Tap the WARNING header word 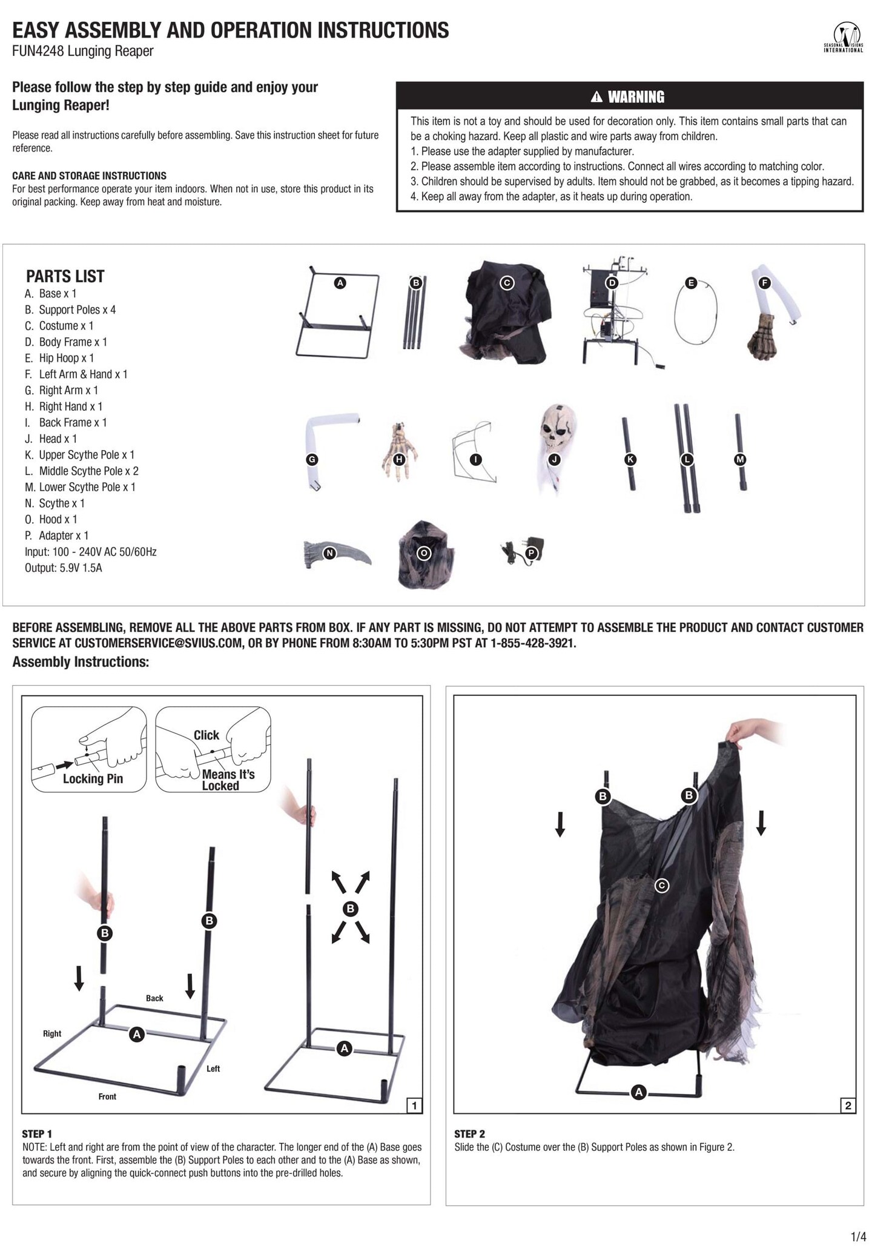click(635, 97)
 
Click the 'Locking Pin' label click(93, 779)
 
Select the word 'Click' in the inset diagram click(206, 735)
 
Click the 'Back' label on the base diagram click(154, 998)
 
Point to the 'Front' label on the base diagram click(107, 1096)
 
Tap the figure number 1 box click(414, 1105)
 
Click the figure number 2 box click(848, 1105)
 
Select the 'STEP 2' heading click(469, 1134)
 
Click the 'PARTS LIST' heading click(65, 276)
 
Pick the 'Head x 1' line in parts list click(58, 439)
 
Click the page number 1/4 click(859, 1236)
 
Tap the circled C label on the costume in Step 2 click(662, 886)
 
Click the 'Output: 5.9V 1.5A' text click(63, 568)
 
